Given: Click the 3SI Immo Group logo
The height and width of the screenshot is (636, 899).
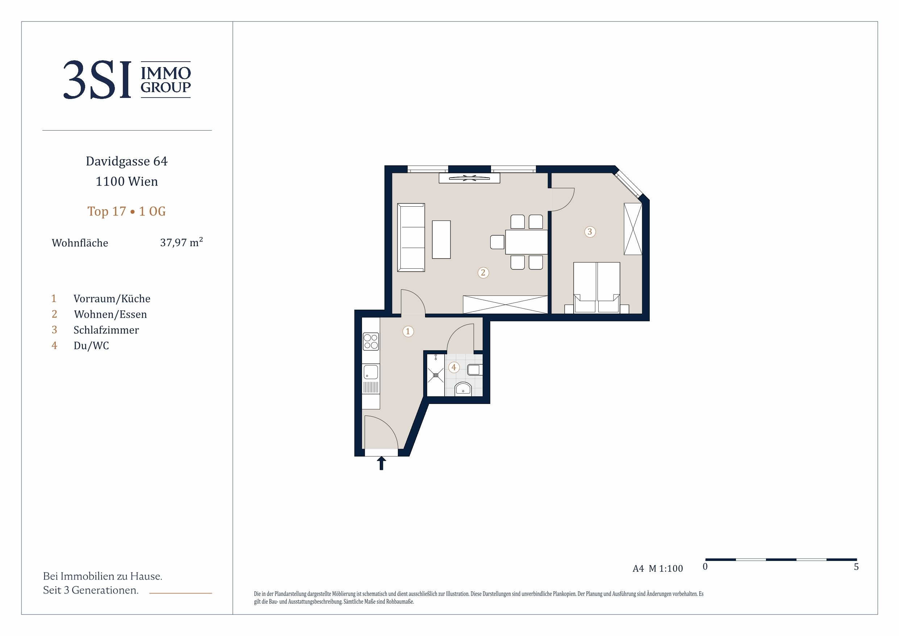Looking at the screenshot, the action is [127, 79].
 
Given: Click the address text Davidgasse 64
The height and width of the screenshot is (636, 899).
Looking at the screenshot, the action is [126, 161].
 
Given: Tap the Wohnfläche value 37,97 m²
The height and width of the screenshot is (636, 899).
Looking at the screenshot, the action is [181, 242].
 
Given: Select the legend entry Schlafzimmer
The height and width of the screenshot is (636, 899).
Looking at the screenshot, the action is [106, 330].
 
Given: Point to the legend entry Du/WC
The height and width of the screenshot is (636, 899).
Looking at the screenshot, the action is [91, 346].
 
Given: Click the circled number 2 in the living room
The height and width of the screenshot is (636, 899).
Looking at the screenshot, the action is [483, 273].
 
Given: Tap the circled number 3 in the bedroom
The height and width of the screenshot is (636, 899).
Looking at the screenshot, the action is [590, 232].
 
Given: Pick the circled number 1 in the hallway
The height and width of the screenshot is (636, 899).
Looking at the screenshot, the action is [408, 331].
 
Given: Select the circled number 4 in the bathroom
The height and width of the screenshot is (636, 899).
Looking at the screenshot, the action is [454, 367].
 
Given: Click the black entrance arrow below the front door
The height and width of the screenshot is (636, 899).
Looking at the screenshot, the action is [381, 463].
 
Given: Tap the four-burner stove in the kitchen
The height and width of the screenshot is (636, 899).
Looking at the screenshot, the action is [371, 341].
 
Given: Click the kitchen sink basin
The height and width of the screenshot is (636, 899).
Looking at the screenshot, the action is [371, 372].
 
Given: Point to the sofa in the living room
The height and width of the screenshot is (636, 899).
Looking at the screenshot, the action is [411, 237].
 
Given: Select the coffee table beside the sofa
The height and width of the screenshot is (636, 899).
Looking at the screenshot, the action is [441, 239].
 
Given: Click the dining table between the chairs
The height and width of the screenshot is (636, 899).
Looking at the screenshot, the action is [526, 242].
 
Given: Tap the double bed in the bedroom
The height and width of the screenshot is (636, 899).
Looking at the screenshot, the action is [597, 287].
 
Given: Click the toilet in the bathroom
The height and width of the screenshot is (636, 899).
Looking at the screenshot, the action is [463, 389].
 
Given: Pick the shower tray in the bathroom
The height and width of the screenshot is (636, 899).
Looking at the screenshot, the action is [436, 375].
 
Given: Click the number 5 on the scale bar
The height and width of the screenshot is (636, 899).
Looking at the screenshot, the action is [856, 567].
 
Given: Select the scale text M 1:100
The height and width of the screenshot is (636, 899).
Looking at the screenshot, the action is [666, 569].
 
